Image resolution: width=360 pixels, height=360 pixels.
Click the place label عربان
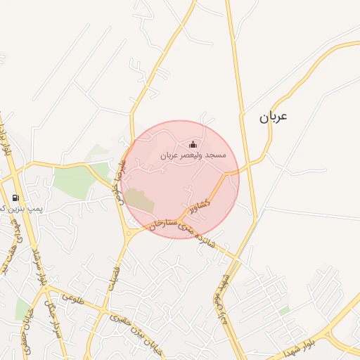click(274, 117)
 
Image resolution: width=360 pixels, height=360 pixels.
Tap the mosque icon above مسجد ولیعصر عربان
click(193, 144)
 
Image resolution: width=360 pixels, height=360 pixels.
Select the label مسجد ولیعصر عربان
click(193, 155)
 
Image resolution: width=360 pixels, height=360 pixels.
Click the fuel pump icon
click(15, 198)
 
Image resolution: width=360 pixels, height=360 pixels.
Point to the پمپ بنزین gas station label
click(8, 209)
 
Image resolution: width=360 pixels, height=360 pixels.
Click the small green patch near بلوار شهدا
click(284, 310)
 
